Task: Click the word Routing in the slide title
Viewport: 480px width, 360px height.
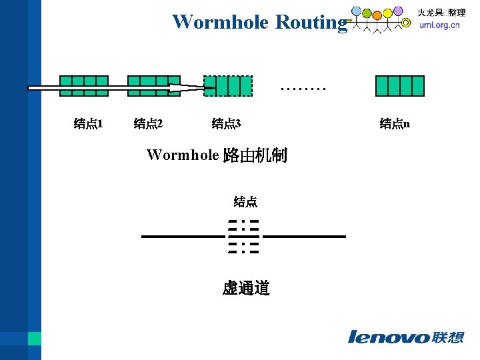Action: click(311, 22)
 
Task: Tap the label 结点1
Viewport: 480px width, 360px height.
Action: click(87, 123)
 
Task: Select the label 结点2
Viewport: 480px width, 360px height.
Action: click(149, 123)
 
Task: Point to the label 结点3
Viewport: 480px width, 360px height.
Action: click(226, 123)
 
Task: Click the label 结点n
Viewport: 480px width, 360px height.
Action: click(395, 123)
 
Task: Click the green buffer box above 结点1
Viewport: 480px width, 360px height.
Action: click(84, 86)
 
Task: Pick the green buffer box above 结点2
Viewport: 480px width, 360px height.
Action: click(153, 86)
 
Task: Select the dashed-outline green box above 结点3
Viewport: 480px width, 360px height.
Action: click(229, 86)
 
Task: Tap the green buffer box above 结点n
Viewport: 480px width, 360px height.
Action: click(400, 86)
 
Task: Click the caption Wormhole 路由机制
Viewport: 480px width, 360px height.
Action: click(217, 156)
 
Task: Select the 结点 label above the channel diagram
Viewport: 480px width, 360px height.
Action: click(245, 201)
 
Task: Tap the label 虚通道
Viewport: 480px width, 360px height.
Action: click(246, 288)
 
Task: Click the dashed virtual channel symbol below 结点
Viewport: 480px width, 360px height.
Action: click(243, 237)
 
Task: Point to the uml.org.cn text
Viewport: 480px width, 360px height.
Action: click(439, 25)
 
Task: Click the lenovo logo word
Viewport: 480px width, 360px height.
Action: click(389, 337)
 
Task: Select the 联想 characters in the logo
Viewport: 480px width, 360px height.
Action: click(448, 337)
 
